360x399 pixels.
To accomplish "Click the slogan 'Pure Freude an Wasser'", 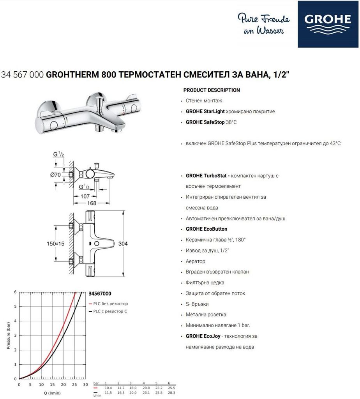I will pos(263,24).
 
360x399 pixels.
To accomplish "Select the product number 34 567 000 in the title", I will pos(22,75).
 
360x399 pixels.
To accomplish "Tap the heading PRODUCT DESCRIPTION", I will pos(212,90).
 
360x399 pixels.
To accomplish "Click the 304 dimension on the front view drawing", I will pos(123,244).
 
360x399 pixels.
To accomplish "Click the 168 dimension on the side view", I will pos(92,203).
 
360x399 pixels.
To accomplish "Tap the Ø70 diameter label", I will pos(55,175).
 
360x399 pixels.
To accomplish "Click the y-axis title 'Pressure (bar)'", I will pos(8,335).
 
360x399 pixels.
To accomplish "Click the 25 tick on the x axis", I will pos(74,385).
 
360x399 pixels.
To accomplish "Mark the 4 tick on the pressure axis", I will pos(15,321).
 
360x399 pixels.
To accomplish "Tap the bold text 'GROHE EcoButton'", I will pos(206,229).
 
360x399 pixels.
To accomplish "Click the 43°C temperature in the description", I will pos(334,143).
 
